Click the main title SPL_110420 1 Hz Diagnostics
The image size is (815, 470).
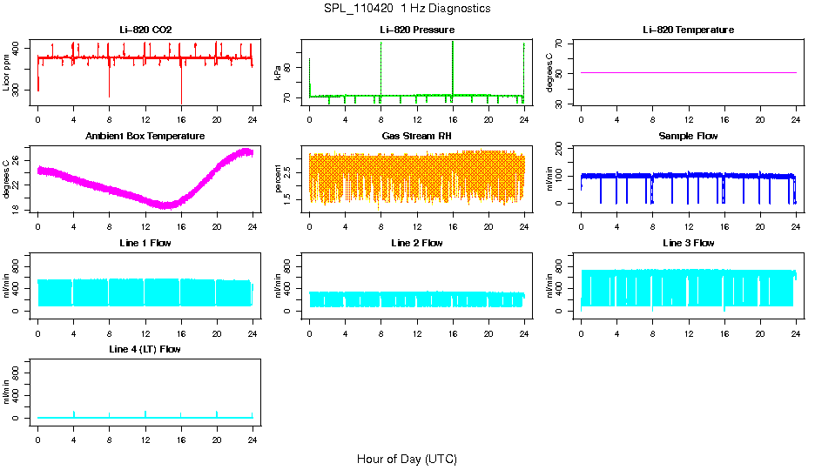point(406,9)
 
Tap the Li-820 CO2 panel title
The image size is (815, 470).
point(145,30)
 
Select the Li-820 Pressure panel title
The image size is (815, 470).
point(417,30)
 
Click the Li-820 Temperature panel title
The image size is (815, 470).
point(688,30)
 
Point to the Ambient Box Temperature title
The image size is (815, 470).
point(145,137)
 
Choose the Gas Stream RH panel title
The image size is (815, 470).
point(417,137)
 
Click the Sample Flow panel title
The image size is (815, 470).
point(688,137)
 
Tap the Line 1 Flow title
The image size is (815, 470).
point(145,243)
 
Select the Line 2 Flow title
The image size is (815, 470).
point(417,243)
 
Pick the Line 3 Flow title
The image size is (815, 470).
point(688,243)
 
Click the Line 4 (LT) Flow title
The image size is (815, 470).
point(145,349)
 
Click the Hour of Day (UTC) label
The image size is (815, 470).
point(407,459)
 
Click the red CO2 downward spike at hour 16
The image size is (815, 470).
point(181,87)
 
